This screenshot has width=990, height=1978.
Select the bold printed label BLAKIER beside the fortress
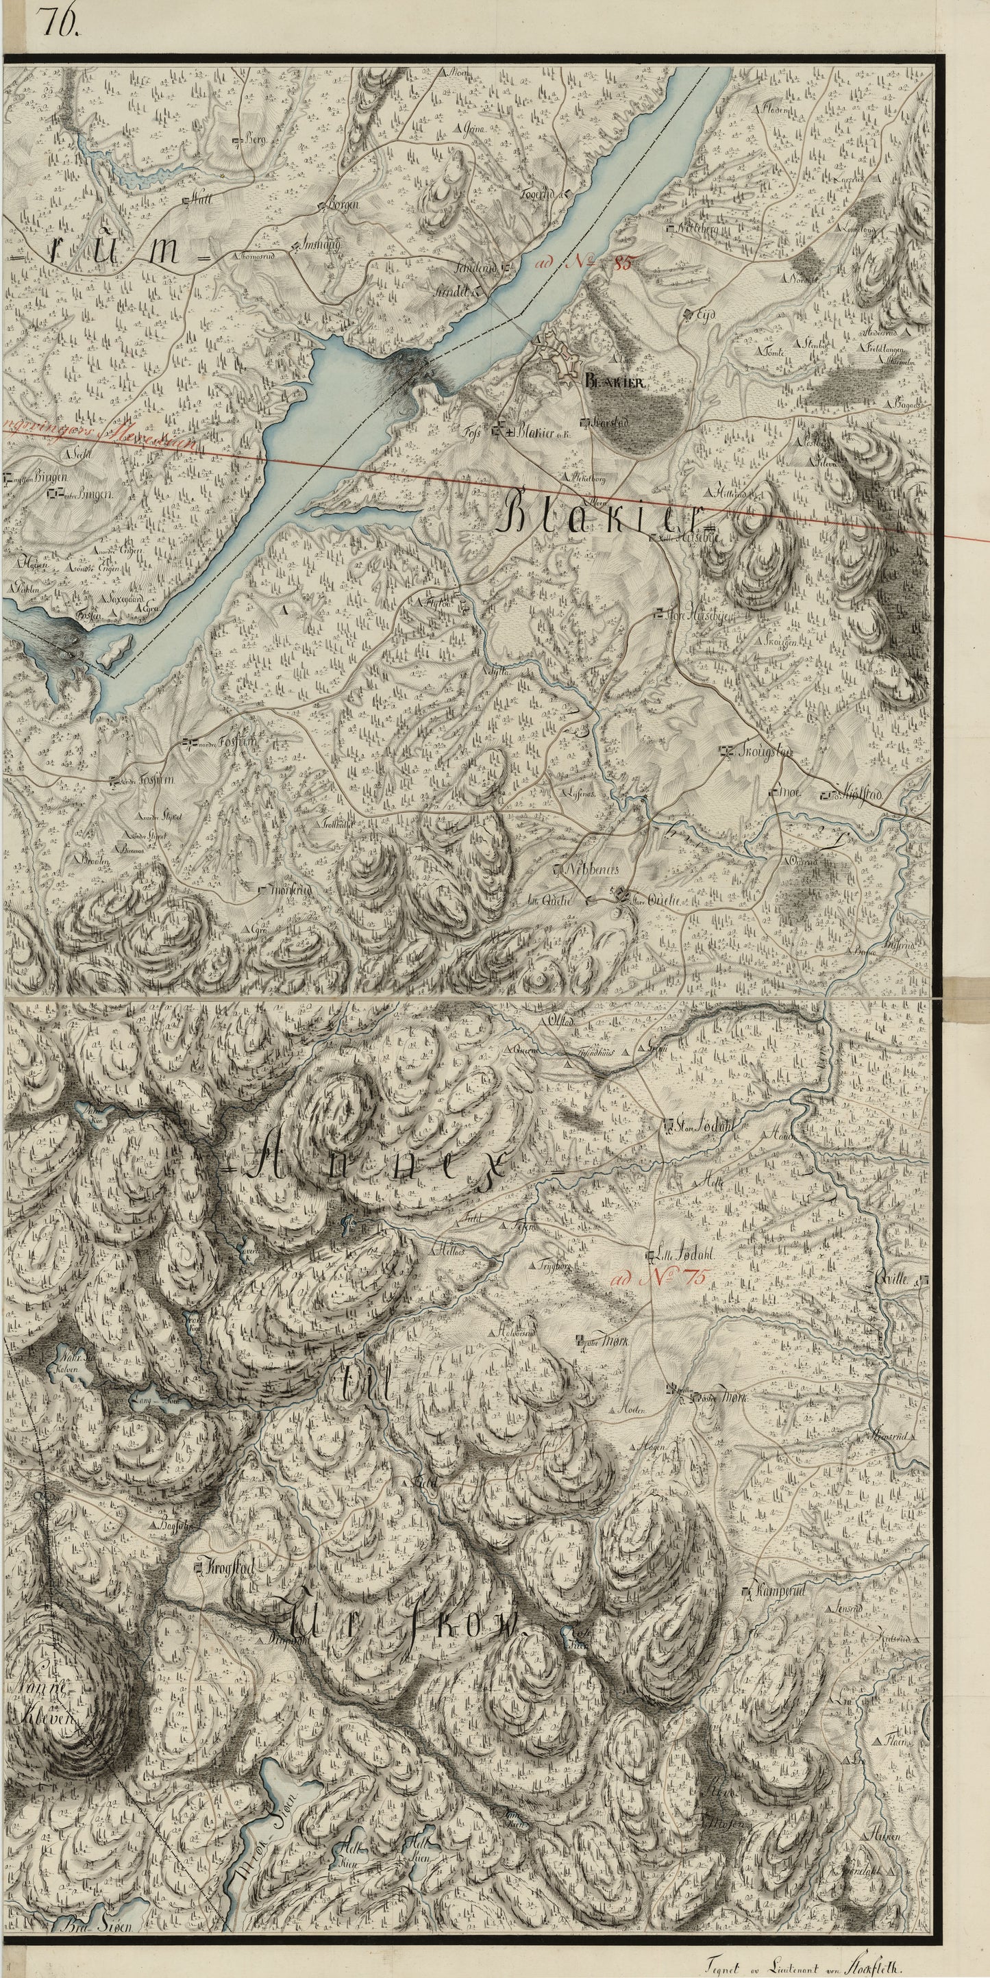pos(618,381)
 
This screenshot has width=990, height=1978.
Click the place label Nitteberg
pos(697,229)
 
